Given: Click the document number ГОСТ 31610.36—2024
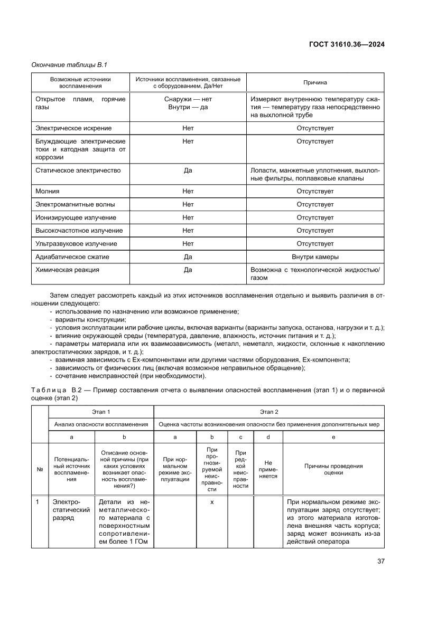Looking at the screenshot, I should point(346,44).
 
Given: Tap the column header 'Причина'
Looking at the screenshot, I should point(315,82).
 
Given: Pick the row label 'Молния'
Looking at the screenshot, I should point(47,192).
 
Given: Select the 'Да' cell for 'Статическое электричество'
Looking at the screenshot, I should point(188,170).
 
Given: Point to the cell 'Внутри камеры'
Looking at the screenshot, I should point(315,257).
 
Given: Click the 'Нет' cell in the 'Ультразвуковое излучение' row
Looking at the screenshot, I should point(188,244).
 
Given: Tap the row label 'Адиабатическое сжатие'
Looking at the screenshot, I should point(72,257).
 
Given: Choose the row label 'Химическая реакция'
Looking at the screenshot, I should point(67,270).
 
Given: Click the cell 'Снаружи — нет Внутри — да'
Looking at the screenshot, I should point(188,103).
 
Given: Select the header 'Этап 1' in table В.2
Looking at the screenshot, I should point(101,411).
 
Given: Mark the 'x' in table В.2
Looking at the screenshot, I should point(212,501).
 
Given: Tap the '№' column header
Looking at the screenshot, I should point(40,469).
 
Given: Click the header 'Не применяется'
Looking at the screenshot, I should point(268,469).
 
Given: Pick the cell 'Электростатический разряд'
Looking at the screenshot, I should point(66,510).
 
